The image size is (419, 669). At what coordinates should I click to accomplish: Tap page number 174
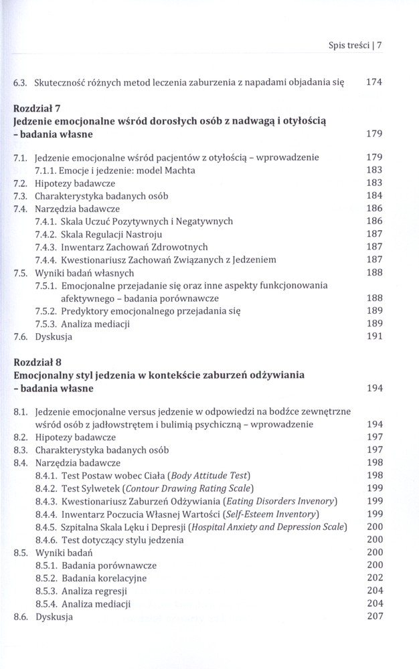tap(373, 84)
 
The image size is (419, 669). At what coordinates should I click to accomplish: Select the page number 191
tap(373, 337)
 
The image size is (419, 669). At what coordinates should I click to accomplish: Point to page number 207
tap(373, 616)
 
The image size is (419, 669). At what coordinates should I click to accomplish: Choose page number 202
tap(373, 578)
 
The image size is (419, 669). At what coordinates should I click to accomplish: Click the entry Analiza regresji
tap(94, 591)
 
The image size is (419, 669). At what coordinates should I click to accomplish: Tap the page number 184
tap(373, 196)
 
